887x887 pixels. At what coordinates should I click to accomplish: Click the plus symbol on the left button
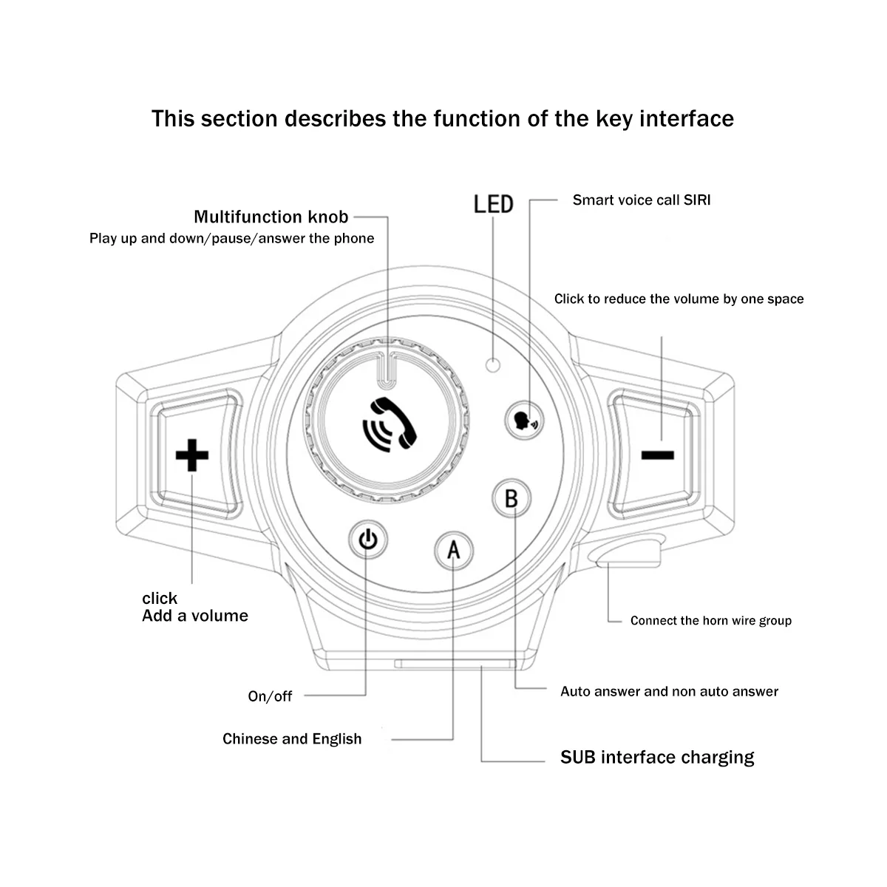192,455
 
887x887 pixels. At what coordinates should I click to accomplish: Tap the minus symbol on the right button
657,455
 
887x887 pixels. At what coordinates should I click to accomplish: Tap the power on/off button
367,540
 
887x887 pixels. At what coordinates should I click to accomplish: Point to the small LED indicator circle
493,363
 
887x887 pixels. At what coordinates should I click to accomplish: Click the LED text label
493,203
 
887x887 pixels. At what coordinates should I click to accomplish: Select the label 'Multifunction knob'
271,217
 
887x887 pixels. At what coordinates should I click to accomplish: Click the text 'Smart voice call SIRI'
641,200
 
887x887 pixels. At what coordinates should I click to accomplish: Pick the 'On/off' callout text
270,696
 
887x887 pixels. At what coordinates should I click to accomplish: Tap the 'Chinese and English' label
292,738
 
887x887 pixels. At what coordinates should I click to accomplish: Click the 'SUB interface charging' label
657,757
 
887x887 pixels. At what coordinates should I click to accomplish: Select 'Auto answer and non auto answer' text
669,691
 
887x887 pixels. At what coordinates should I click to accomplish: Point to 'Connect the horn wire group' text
710,620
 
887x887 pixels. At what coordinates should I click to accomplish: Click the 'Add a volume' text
195,616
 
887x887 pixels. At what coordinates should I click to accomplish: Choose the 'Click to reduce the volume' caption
679,299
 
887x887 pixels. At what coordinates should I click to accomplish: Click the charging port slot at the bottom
455,664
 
